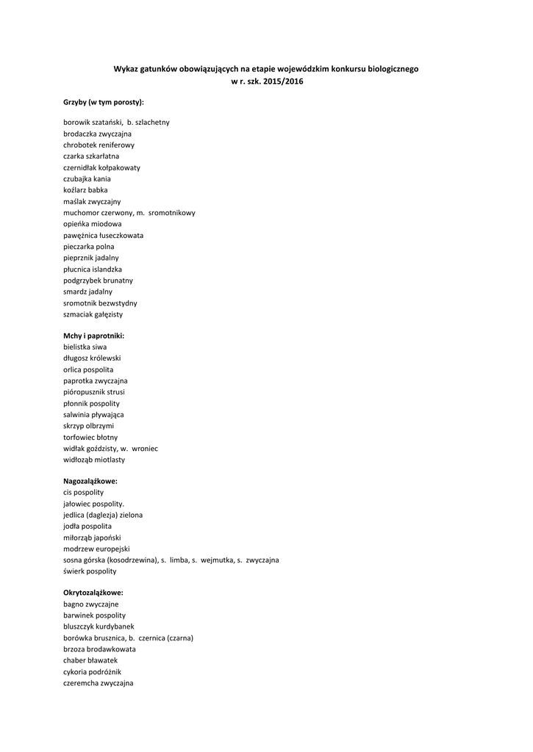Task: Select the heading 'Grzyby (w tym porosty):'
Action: (103, 102)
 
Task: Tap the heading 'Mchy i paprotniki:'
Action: (93, 336)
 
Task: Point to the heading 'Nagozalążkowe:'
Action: (90, 481)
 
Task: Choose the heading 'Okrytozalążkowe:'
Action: (93, 592)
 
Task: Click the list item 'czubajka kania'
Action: (87, 178)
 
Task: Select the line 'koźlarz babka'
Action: (85, 190)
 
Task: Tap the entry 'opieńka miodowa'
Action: (93, 224)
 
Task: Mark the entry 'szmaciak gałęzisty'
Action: (93, 314)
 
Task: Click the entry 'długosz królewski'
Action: (92, 358)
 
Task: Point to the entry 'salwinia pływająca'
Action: (93, 415)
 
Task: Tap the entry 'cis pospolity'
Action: (83, 492)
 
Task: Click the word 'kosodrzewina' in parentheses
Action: (133, 560)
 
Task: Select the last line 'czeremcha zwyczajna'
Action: (98, 683)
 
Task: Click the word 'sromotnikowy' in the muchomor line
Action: (172, 213)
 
